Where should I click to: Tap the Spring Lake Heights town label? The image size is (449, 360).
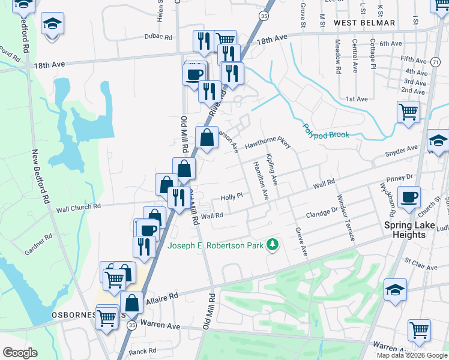(x=413, y=230)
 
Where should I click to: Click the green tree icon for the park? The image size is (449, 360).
(x=273, y=244)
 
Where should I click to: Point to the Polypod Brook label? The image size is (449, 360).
(x=325, y=131)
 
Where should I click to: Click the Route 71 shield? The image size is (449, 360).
(x=434, y=62)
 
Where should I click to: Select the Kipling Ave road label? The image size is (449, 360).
(x=271, y=170)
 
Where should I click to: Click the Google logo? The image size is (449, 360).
(x=20, y=352)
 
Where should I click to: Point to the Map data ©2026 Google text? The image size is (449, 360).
(x=412, y=355)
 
